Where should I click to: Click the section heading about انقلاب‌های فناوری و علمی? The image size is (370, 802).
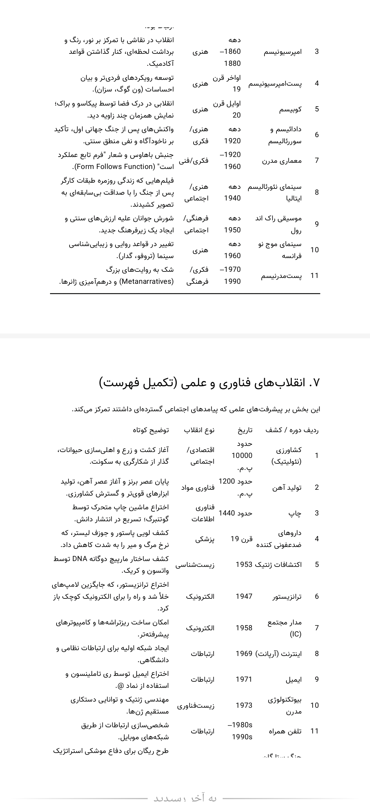tap(209, 382)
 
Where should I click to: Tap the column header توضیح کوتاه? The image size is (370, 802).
tap(151, 430)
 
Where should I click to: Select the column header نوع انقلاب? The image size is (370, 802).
tap(199, 430)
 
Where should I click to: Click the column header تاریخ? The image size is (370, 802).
tap(245, 430)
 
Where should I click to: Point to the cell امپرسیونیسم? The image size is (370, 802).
tap(283, 52)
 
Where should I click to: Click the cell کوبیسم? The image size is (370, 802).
tap(291, 109)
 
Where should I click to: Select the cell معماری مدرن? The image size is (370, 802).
tap(282, 161)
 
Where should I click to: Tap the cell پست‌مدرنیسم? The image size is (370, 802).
tap(282, 276)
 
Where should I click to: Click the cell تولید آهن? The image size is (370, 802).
tap(287, 487)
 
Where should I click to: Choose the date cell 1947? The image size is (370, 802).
tap(244, 596)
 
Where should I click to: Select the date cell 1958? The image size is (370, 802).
tap(244, 628)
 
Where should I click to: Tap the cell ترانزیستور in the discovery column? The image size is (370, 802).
tap(287, 597)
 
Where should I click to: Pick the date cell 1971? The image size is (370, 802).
tap(244, 679)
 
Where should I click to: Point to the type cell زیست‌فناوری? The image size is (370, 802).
tap(196, 705)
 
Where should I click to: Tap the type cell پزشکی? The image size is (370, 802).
tap(205, 539)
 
